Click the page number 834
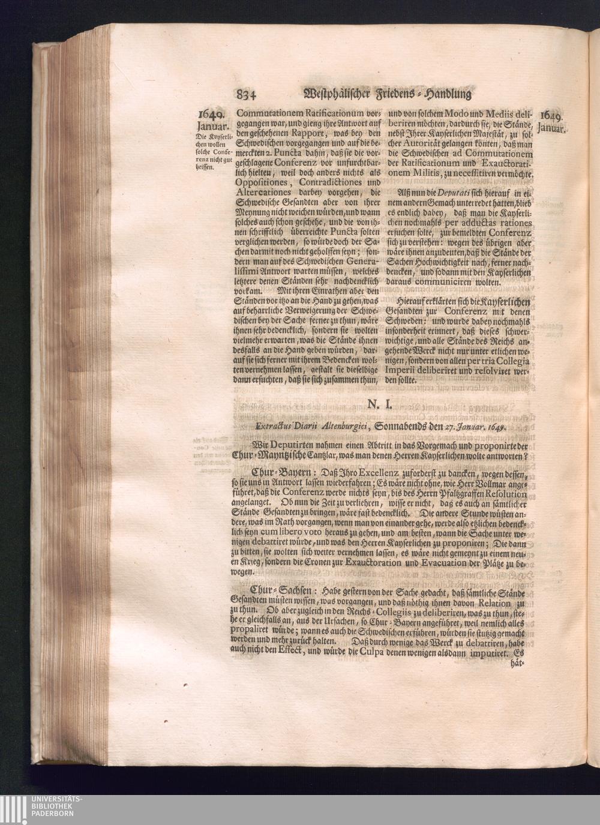[x=247, y=94]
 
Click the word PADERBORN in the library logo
[x=57, y=814]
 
